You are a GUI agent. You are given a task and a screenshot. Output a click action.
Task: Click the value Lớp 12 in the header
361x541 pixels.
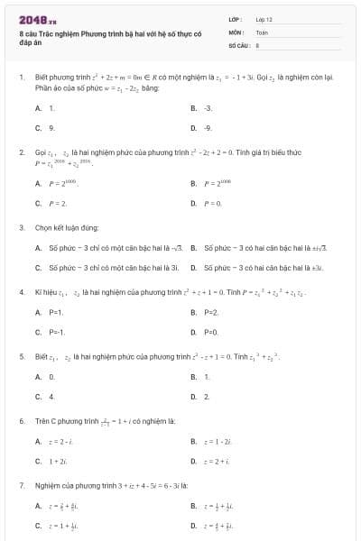[264, 18]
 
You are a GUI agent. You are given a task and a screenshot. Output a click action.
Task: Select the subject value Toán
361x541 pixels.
[262, 31]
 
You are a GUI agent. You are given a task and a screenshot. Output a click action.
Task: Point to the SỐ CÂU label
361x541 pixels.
[238, 43]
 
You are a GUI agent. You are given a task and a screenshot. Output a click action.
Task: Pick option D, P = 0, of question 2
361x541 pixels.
[213, 204]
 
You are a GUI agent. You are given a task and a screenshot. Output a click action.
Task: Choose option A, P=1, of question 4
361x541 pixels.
[55, 312]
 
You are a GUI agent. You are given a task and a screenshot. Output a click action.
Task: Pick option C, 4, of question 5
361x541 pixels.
[51, 396]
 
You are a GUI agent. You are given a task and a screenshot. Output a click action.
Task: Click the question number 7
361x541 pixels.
[21, 485]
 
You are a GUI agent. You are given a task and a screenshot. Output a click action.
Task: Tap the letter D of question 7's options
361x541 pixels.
[193, 526]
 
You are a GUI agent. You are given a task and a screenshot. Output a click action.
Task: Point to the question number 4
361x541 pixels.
[21, 292]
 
